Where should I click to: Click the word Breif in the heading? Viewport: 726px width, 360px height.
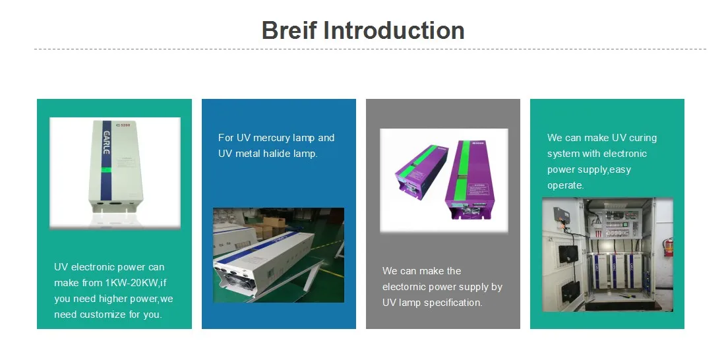tap(289, 30)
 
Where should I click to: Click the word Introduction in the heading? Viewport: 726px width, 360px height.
tap(394, 30)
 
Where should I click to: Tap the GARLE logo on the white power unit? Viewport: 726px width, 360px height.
tap(106, 142)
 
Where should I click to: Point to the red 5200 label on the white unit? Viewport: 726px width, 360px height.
tap(126, 125)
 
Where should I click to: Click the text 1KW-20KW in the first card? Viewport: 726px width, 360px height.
tap(132, 283)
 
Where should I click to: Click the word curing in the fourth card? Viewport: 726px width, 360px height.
tap(643, 138)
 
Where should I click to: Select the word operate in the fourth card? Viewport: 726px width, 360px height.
tap(565, 185)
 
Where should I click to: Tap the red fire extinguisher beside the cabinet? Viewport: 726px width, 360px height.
tap(668, 247)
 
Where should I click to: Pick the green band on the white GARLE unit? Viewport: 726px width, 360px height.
tap(106, 169)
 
